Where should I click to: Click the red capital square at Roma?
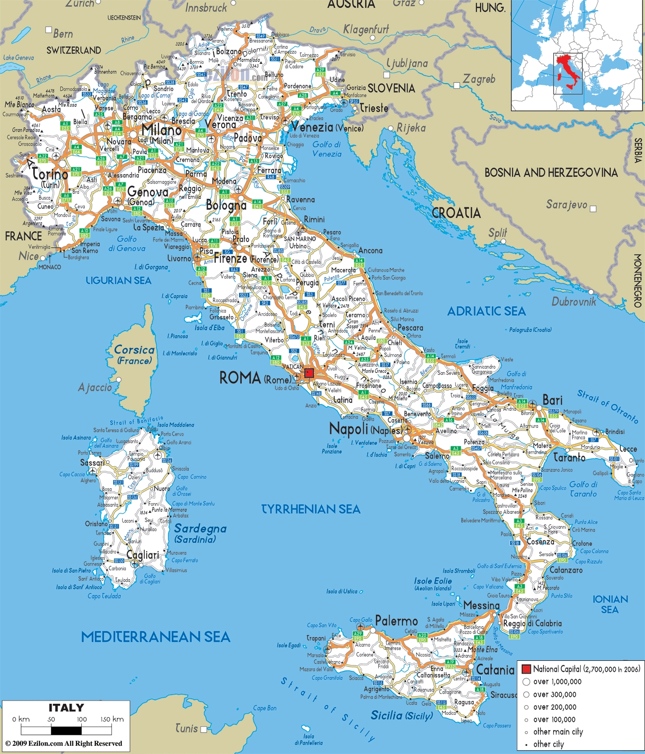[309, 373]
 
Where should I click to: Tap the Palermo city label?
[397, 621]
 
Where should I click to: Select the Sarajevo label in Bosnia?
[566, 204]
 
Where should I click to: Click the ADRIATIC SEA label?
[486, 311]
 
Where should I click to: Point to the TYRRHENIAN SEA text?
[311, 509]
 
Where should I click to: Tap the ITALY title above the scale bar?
[66, 708]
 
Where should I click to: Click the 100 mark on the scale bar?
[82, 719]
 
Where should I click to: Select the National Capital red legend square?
[526, 669]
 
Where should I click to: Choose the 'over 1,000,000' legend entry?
[557, 682]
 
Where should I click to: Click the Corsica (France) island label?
[134, 355]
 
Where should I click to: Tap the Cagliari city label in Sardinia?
[143, 555]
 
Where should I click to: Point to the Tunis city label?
[186, 728]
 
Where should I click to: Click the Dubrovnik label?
[574, 301]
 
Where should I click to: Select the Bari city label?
[552, 400]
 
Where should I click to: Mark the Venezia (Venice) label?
[327, 127]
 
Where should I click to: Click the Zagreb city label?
[479, 79]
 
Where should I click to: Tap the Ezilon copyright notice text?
[63, 743]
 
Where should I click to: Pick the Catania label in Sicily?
[495, 670]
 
